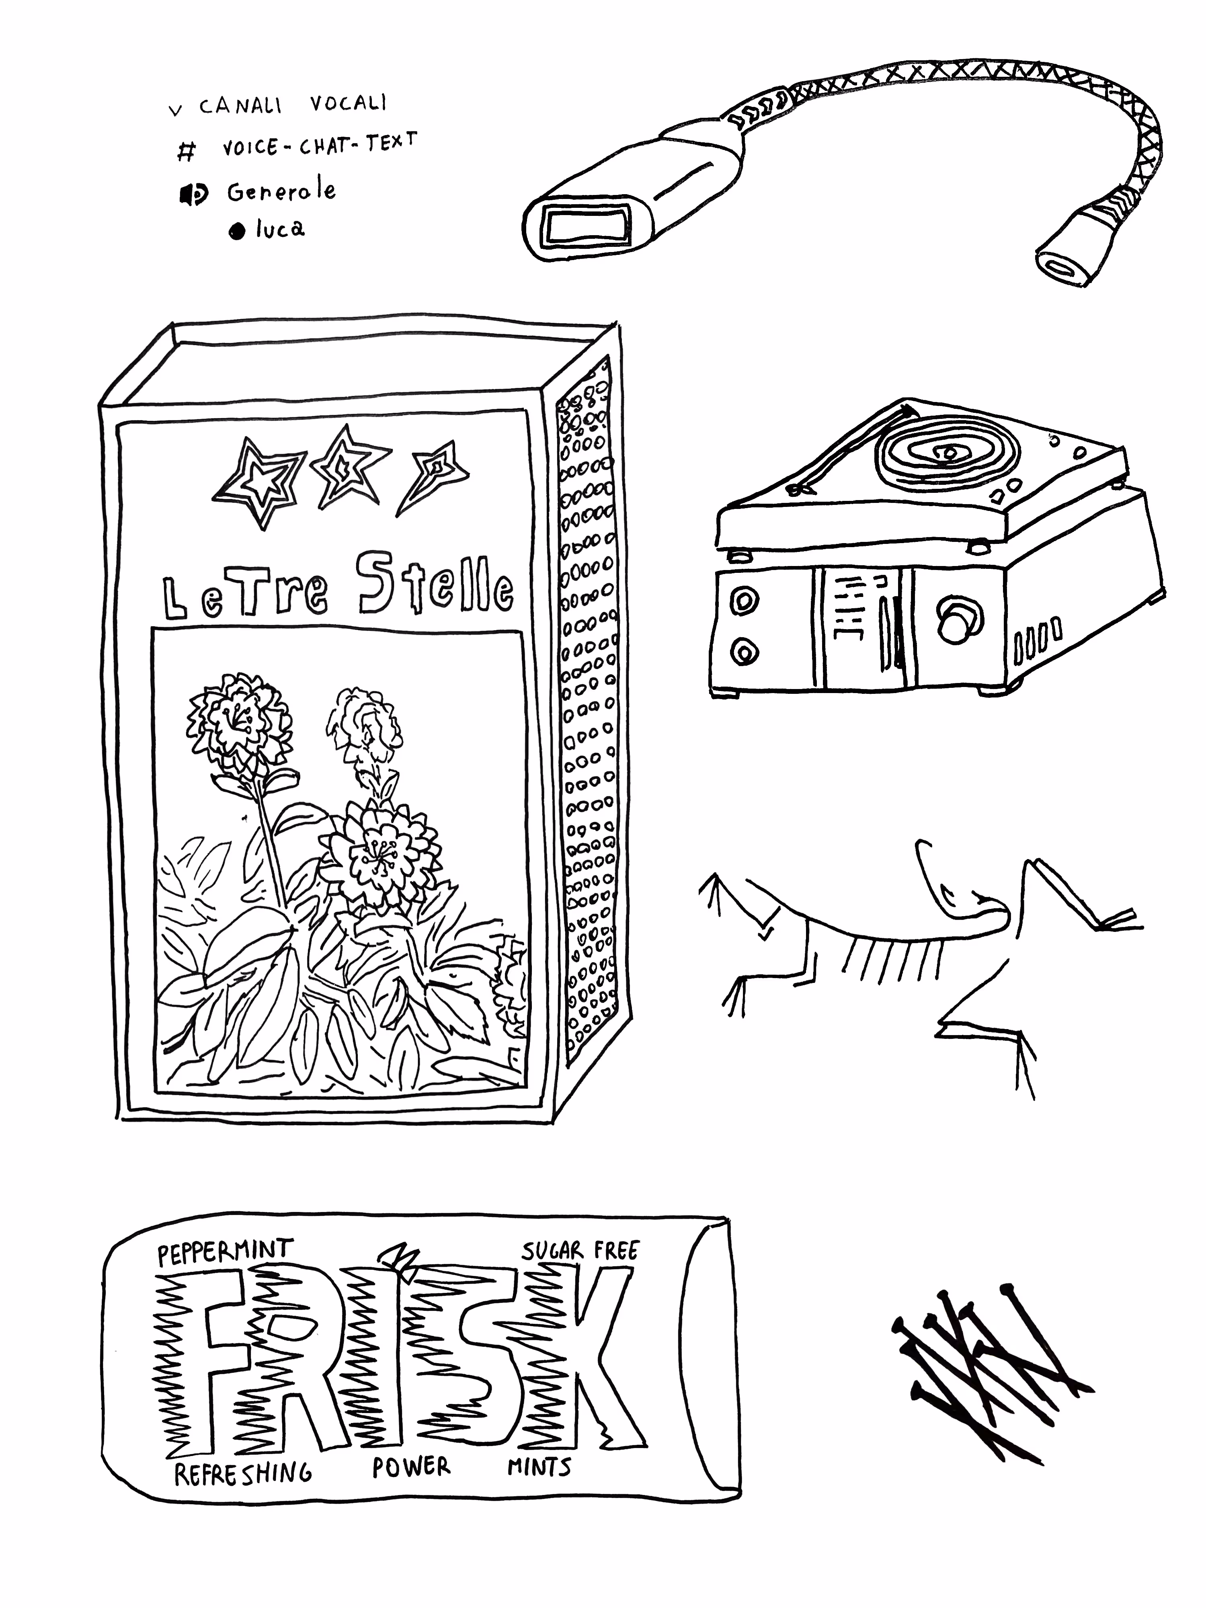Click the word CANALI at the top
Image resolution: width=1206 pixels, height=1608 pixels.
[240, 106]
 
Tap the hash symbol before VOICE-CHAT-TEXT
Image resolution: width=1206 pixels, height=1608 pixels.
[187, 151]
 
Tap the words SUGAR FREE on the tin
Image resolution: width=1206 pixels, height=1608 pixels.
[579, 1250]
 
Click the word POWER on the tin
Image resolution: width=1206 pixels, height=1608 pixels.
[412, 1466]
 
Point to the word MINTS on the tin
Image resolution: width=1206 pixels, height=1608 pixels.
[539, 1466]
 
